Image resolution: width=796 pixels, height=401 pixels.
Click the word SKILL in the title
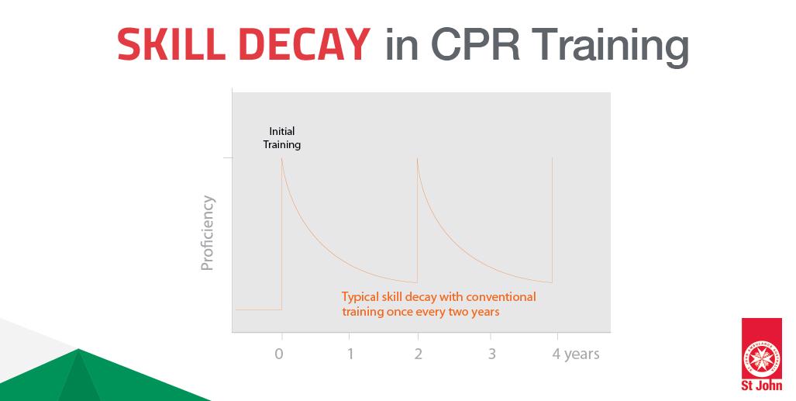[171, 44]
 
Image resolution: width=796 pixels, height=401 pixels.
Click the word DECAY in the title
[304, 44]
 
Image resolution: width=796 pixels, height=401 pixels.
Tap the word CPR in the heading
[475, 44]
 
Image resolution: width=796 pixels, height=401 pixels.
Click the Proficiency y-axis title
[207, 233]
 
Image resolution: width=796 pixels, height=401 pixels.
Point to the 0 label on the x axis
[279, 354]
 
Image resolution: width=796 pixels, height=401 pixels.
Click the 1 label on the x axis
[350, 354]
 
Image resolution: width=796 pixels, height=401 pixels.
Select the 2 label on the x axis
[418, 354]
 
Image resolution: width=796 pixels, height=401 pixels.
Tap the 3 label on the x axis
[491, 354]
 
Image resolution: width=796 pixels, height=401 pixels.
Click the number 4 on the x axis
[557, 354]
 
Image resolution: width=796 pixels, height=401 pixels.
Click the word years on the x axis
[582, 354]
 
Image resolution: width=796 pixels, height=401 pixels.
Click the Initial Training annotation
[282, 138]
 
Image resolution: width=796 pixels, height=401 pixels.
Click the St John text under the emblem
[761, 385]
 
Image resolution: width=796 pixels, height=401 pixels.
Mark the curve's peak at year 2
[417, 158]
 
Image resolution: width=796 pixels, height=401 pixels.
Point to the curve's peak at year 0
[282, 158]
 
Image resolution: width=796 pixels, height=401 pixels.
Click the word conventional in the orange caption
[501, 296]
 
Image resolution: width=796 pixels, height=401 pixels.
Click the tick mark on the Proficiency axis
[227, 158]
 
